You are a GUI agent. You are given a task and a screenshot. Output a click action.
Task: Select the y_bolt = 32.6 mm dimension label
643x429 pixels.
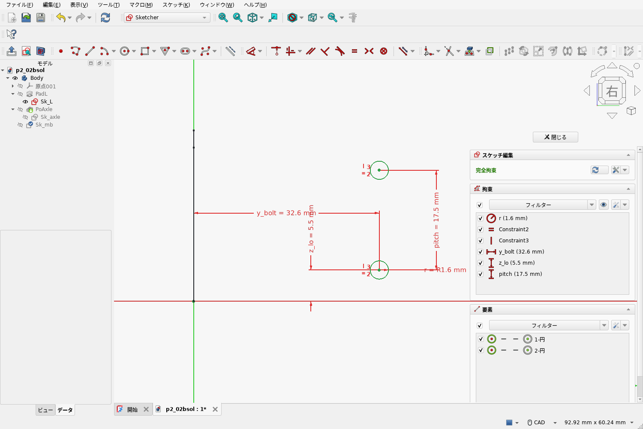pos(286,213)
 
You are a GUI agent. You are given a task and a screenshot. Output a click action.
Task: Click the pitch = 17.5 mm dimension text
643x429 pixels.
pos(436,220)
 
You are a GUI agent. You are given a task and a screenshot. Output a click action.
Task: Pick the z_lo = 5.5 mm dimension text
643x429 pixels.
pos(311,229)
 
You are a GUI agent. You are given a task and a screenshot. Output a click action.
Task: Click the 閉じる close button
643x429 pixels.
pos(555,137)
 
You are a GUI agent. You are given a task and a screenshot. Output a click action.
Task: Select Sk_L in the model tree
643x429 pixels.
pos(46,101)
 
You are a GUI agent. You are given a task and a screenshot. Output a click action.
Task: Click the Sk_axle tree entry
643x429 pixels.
pos(50,117)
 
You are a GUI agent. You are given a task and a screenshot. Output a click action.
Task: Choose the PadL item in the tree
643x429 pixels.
pos(41,94)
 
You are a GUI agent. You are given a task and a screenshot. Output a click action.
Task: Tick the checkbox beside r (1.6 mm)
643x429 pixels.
pos(481,218)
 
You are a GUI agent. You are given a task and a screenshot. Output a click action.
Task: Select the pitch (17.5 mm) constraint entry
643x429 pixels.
pos(520,274)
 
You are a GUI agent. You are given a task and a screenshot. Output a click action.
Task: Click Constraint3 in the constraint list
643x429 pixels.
pos(514,241)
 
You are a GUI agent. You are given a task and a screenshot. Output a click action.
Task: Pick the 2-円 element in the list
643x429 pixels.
pos(539,350)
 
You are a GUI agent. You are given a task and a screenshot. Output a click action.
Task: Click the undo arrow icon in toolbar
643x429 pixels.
pos(61,18)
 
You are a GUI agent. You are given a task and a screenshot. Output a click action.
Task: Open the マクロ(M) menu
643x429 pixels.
pos(141,5)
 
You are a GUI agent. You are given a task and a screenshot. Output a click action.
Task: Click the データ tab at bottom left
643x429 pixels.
pos(65,410)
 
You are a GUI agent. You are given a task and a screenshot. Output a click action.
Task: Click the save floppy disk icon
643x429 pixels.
pos(40,18)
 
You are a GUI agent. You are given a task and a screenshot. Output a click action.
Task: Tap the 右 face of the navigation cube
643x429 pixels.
pos(612,91)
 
